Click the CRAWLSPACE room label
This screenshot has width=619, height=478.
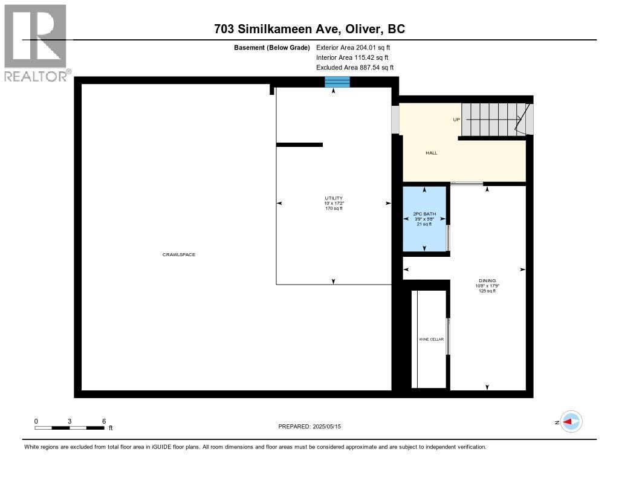point(178,254)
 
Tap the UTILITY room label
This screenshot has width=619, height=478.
point(333,198)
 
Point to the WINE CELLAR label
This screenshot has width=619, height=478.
point(431,340)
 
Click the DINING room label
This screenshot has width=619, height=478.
point(487,280)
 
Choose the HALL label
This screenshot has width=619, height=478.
point(431,153)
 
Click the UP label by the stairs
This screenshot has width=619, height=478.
point(456,120)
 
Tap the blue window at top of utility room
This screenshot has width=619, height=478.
point(337,82)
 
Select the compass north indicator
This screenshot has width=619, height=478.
point(570,422)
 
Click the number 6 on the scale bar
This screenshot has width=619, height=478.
point(104,421)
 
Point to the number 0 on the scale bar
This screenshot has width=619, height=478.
point(36,421)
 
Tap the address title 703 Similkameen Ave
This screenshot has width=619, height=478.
point(309,28)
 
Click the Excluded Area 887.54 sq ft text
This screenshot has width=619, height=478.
point(354,68)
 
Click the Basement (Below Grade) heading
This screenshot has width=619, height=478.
point(271,47)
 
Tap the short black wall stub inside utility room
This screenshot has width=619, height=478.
point(299,144)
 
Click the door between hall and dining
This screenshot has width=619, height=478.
point(467,183)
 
